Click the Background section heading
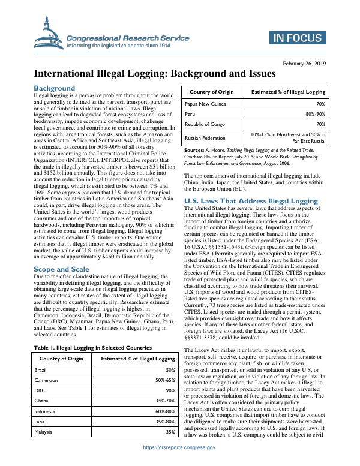[54, 88]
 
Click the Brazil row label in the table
[41, 370]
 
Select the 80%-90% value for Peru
[313, 114]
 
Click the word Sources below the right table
[194, 149]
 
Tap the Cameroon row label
[46, 381]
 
